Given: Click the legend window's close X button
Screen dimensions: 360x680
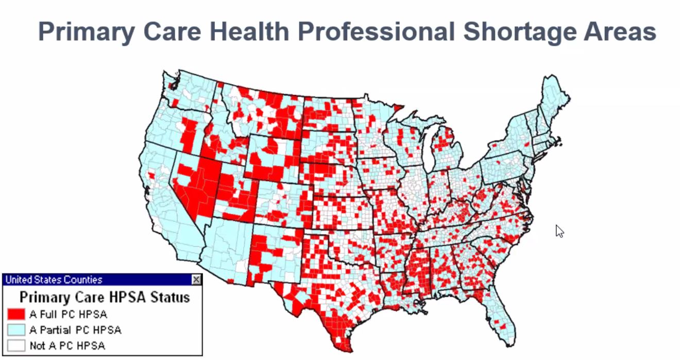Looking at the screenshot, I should pyautogui.click(x=196, y=280).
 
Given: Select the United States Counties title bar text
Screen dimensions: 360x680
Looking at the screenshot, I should pyautogui.click(x=54, y=280).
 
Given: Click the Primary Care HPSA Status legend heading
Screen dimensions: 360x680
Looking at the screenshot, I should pyautogui.click(x=105, y=297).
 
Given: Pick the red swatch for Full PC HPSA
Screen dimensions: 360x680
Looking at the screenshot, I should pyautogui.click(x=16, y=314).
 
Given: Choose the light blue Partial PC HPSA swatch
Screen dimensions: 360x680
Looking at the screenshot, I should pyautogui.click(x=16, y=330).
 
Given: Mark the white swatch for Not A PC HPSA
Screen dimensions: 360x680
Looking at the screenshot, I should pyautogui.click(x=16, y=345).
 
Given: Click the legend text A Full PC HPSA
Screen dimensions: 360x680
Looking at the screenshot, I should pyautogui.click(x=69, y=314).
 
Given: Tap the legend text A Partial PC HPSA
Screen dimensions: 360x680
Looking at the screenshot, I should pyautogui.click(x=76, y=330).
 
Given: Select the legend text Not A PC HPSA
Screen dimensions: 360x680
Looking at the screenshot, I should pyautogui.click(x=67, y=346).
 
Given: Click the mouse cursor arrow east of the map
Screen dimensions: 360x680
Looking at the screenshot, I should pyautogui.click(x=559, y=231).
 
